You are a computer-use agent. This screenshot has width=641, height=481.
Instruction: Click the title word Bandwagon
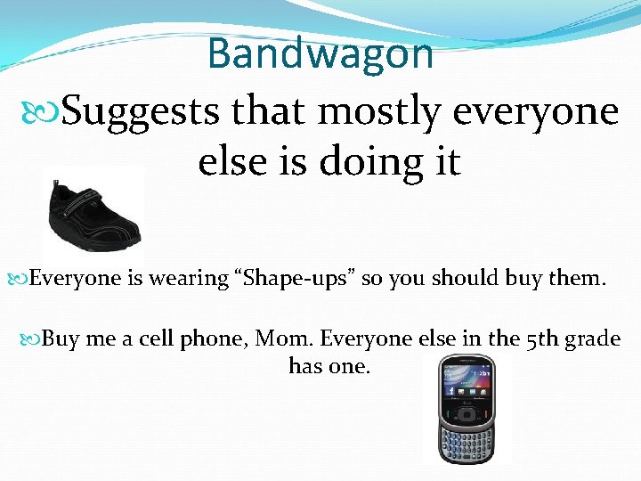[x=320, y=53]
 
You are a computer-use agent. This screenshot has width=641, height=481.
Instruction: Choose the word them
[x=575, y=279]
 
